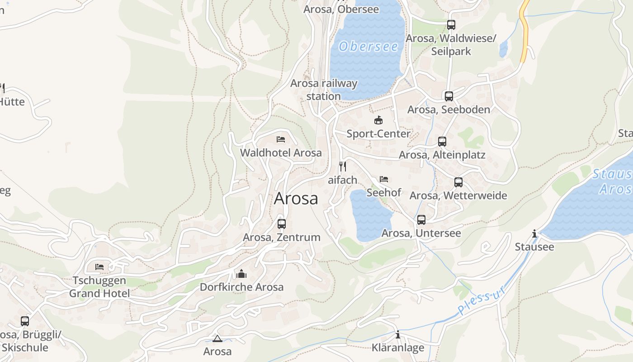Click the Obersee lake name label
click(x=368, y=46)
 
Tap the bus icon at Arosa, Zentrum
click(x=282, y=224)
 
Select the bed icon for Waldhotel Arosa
click(x=281, y=139)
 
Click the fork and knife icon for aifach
click(x=343, y=167)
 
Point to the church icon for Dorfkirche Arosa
click(x=241, y=274)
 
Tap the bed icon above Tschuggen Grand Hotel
click(x=99, y=267)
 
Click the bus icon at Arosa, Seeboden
click(x=449, y=96)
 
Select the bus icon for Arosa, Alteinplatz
click(x=442, y=142)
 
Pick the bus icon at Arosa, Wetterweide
click(x=458, y=182)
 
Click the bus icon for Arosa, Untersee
click(x=421, y=220)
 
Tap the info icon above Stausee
click(x=534, y=234)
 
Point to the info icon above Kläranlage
click(x=398, y=335)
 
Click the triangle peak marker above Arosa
click(x=217, y=338)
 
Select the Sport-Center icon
click(x=378, y=120)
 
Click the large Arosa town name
click(x=296, y=198)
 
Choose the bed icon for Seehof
click(x=384, y=179)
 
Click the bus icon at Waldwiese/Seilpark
click(x=451, y=25)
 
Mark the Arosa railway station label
click(x=324, y=90)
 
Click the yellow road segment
click(x=524, y=32)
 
